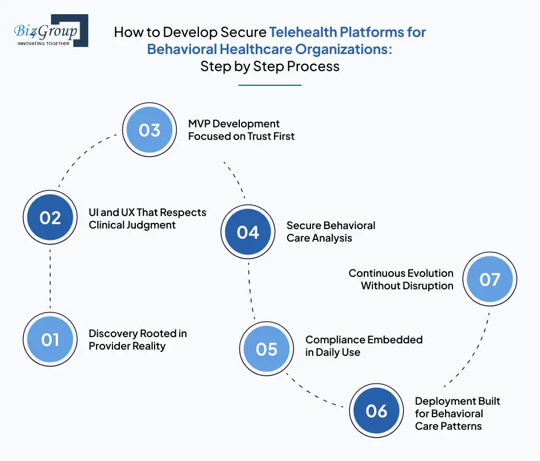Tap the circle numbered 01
tap(50, 339)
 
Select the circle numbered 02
tap(50, 218)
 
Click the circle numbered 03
tap(149, 130)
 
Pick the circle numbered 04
tap(248, 232)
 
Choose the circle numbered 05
tap(266, 348)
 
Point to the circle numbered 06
tap(376, 411)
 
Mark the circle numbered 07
tap(489, 279)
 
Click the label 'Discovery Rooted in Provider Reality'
tap(138, 339)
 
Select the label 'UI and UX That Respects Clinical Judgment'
tap(147, 218)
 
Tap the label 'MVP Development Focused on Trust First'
tap(241, 130)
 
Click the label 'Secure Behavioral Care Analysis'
tap(331, 231)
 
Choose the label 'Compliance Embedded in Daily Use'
tap(364, 346)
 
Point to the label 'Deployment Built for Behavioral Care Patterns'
tap(457, 413)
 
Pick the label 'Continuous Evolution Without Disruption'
tap(401, 279)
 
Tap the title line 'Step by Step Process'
tap(269, 66)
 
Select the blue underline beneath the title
tap(269, 85)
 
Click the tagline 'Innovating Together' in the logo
tap(43, 43)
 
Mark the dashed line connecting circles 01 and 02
tap(50, 279)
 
